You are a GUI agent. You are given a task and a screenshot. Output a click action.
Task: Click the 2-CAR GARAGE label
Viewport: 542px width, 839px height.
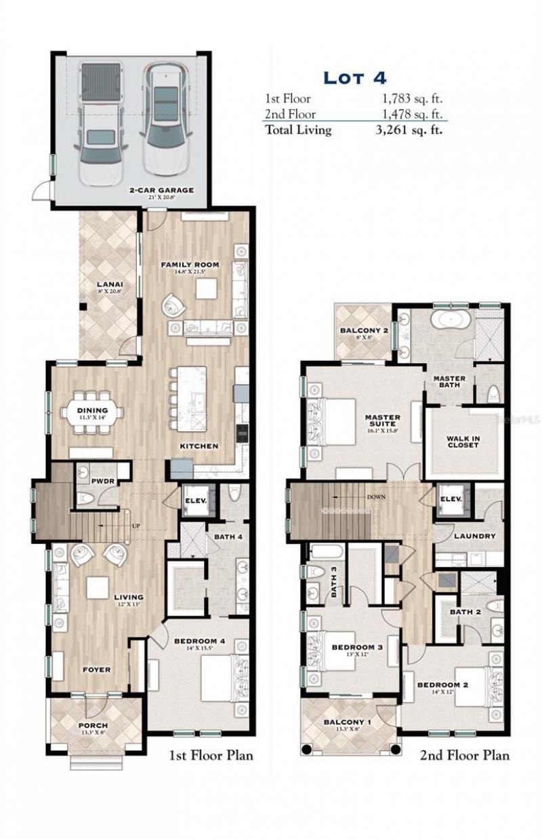[x=162, y=191]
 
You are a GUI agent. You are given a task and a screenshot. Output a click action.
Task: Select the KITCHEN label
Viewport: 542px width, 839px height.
[x=199, y=446]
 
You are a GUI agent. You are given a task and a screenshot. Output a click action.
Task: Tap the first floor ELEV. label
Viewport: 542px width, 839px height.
[x=195, y=502]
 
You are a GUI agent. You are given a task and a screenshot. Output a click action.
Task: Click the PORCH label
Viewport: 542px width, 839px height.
[x=92, y=726]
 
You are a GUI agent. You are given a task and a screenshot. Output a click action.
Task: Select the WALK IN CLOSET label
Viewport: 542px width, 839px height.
[x=463, y=442]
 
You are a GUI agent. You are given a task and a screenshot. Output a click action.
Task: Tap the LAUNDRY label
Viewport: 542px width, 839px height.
[x=474, y=536]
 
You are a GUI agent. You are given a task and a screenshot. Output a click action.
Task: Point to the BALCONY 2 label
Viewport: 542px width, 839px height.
[x=363, y=331]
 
